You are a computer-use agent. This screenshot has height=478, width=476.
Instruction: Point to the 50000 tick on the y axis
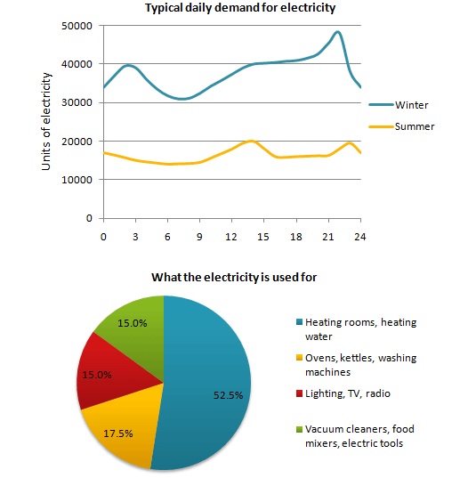click(80, 26)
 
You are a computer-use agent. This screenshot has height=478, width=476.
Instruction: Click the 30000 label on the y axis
click(80, 102)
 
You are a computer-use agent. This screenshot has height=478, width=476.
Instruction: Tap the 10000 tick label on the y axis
click(80, 180)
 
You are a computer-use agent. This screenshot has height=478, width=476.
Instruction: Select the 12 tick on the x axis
click(232, 237)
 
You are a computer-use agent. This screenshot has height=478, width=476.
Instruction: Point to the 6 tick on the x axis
click(167, 237)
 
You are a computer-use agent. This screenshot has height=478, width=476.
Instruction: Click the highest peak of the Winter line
click(336, 33)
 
